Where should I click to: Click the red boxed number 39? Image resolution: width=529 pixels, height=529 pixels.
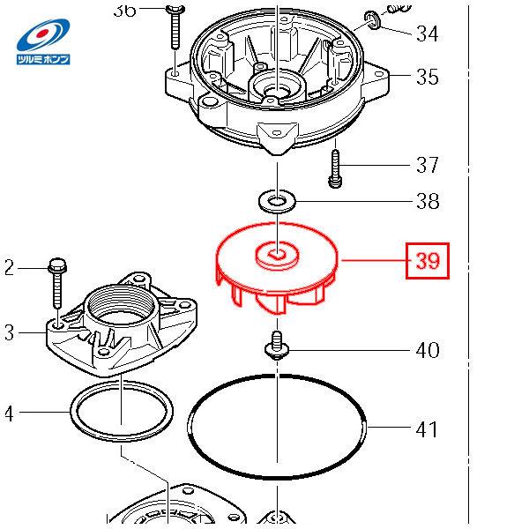[428, 261]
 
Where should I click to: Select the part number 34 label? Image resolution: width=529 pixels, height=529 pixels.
[427, 34]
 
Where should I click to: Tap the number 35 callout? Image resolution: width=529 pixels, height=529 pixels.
[427, 77]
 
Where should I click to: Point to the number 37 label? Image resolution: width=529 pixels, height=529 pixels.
[427, 165]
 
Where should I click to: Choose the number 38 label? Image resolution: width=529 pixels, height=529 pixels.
[427, 202]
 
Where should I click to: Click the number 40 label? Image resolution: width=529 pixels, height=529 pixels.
[427, 351]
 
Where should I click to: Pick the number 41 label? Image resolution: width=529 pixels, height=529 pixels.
[427, 429]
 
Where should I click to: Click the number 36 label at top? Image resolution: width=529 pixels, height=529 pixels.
[125, 10]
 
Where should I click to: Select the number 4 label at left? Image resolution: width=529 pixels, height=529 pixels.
[8, 412]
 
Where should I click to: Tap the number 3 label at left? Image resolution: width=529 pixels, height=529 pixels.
[8, 332]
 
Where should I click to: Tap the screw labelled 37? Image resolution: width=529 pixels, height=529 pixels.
[335, 169]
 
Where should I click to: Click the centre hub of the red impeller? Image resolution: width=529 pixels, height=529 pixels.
[278, 257]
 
